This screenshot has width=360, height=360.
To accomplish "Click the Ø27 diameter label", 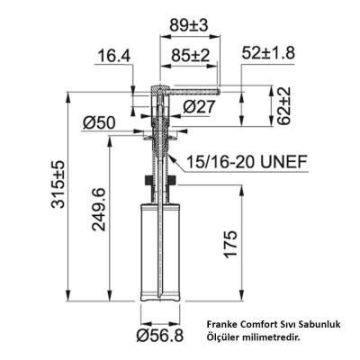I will click(196, 108).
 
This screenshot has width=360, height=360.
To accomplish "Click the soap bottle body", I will click(161, 256).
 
